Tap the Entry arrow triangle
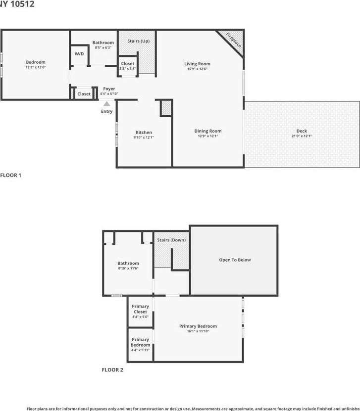click(x=106, y=104)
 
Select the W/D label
click(x=79, y=53)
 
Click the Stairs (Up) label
click(x=138, y=41)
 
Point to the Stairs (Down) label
click(x=171, y=240)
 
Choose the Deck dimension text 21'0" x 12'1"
click(x=302, y=137)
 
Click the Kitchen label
click(x=144, y=132)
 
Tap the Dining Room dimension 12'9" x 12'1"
click(x=207, y=137)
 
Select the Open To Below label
click(x=235, y=260)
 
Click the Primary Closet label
click(x=140, y=309)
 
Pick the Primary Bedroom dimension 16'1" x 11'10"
click(x=198, y=331)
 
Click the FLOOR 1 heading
click(x=10, y=175)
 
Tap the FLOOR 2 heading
click(x=112, y=369)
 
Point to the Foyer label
click(x=109, y=89)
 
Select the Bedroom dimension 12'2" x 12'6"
click(x=36, y=67)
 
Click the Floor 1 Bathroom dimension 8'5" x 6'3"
click(x=103, y=48)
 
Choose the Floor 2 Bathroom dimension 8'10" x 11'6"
click(x=128, y=269)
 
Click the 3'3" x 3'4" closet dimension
click(x=127, y=69)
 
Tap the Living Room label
click(x=197, y=64)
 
